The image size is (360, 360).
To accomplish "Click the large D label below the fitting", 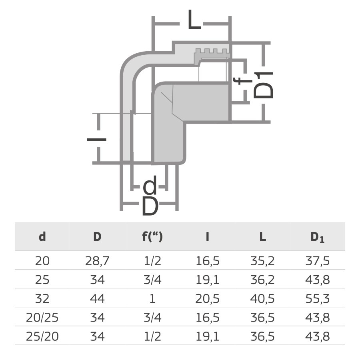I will [150, 207].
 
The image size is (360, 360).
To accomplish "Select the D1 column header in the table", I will [317, 237].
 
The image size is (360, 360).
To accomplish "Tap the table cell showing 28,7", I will [97, 262].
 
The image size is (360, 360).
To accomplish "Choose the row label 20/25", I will [42, 318].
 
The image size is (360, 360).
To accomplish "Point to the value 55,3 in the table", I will [317, 299].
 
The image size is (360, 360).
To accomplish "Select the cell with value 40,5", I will [262, 299].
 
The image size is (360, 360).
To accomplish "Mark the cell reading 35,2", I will [262, 262].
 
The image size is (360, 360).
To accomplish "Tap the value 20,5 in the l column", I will [207, 299].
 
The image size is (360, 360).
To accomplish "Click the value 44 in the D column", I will [97, 299].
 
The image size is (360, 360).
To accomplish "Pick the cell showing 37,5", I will [317, 262].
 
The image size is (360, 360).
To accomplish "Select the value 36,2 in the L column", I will [262, 280].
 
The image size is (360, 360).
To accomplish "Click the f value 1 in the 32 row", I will [152, 299].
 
